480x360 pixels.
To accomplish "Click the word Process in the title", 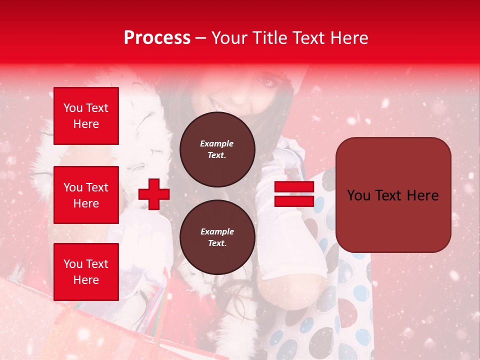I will (157, 38).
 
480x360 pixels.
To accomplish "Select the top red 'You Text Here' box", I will (86, 116).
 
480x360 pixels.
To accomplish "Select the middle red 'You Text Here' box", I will (86, 195).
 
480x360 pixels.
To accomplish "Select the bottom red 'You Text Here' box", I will (86, 272).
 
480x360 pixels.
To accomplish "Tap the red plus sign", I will (154, 194).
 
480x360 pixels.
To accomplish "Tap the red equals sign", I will (294, 194).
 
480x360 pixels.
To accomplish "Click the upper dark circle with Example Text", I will (217, 149).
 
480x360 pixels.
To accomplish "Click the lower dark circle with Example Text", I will (217, 237).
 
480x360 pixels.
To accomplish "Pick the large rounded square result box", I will (393, 195).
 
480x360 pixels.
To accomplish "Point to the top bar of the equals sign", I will (294, 187).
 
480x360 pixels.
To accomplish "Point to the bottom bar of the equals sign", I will (294, 201).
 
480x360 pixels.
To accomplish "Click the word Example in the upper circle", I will (217, 143).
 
